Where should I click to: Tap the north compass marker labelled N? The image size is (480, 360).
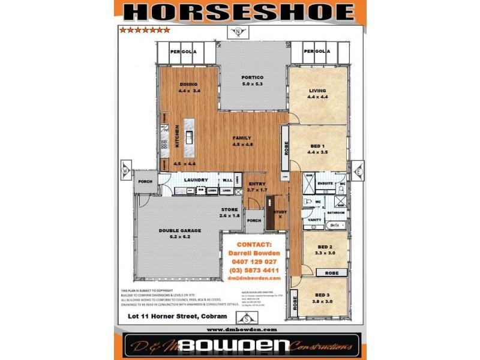point(239,32)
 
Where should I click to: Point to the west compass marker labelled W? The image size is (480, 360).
point(125,169)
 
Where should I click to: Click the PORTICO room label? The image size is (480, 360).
point(253,77)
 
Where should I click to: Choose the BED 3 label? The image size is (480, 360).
point(323,295)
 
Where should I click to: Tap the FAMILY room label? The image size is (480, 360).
point(244,138)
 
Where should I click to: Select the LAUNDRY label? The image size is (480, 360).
point(196,179)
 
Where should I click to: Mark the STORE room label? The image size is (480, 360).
point(229,209)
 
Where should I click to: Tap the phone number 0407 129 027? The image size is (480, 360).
point(254,262)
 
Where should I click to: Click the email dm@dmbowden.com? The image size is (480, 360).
point(254,278)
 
